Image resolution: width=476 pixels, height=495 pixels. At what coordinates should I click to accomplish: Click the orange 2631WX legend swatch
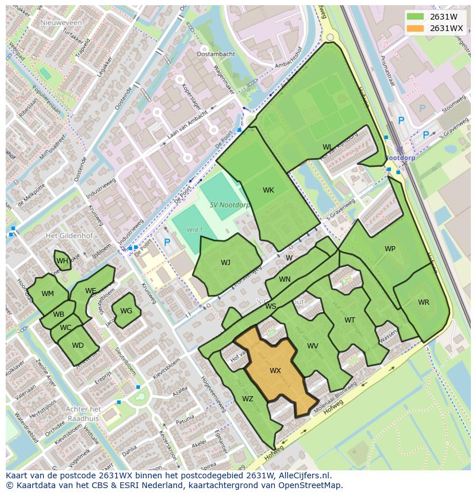(x=415, y=28)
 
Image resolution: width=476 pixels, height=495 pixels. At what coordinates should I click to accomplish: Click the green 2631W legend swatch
(x=415, y=16)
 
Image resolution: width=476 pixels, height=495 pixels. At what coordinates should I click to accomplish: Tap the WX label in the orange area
(x=275, y=371)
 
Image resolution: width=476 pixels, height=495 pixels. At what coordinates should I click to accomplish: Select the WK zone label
(x=268, y=190)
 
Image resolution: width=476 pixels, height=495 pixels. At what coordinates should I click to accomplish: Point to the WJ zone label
(x=225, y=263)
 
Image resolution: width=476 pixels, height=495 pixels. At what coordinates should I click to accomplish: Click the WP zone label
(x=390, y=249)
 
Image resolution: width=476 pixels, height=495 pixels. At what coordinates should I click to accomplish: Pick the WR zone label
(x=423, y=302)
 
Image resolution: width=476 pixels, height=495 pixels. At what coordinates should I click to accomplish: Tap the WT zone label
(x=350, y=320)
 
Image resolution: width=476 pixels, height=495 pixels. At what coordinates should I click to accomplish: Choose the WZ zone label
(x=247, y=399)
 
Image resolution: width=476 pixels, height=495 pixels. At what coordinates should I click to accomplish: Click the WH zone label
(x=62, y=262)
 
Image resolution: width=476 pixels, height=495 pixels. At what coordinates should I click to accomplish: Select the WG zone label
(x=126, y=311)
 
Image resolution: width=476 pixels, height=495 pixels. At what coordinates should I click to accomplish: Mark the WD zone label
(x=78, y=346)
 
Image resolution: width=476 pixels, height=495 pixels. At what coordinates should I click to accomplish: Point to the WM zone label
(x=48, y=294)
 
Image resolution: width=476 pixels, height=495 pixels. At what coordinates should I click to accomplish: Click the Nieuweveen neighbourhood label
(x=62, y=22)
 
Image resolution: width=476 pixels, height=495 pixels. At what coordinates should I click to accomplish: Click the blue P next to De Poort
(x=167, y=243)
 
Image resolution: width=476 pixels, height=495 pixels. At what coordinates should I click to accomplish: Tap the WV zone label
(x=313, y=346)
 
